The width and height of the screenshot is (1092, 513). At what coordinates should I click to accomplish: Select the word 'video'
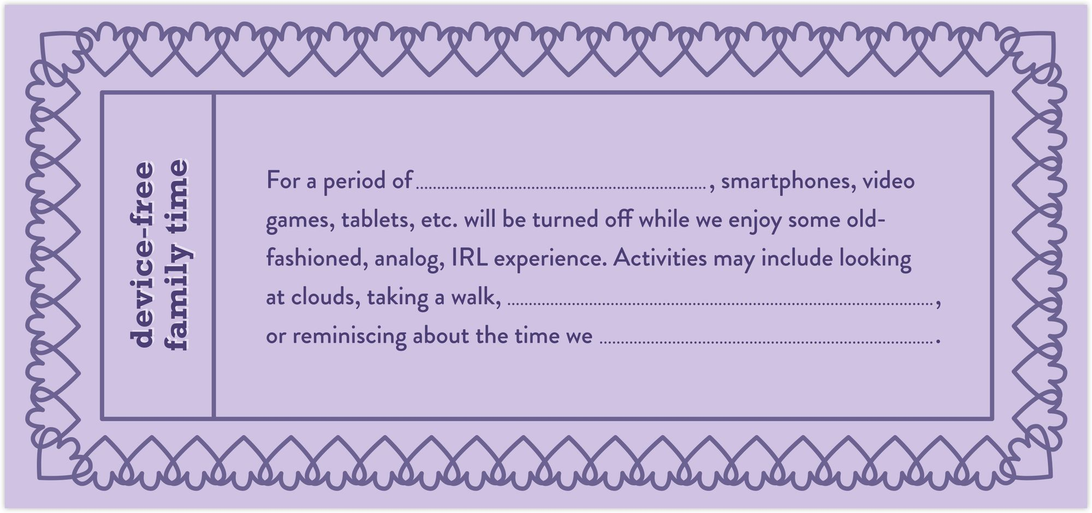point(888,180)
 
